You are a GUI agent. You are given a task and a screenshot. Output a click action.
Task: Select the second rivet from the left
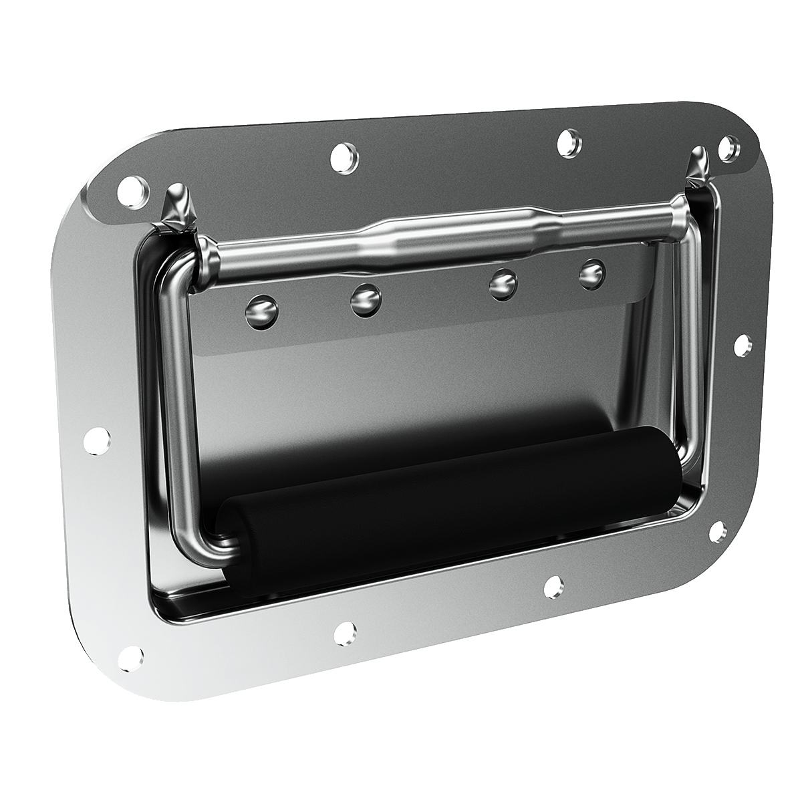pos(365,301)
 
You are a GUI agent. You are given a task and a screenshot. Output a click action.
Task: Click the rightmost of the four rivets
pos(592,273)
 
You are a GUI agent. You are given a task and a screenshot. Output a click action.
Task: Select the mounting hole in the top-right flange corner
pos(729,148)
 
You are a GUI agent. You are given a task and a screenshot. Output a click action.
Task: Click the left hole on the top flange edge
pos(345,158)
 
